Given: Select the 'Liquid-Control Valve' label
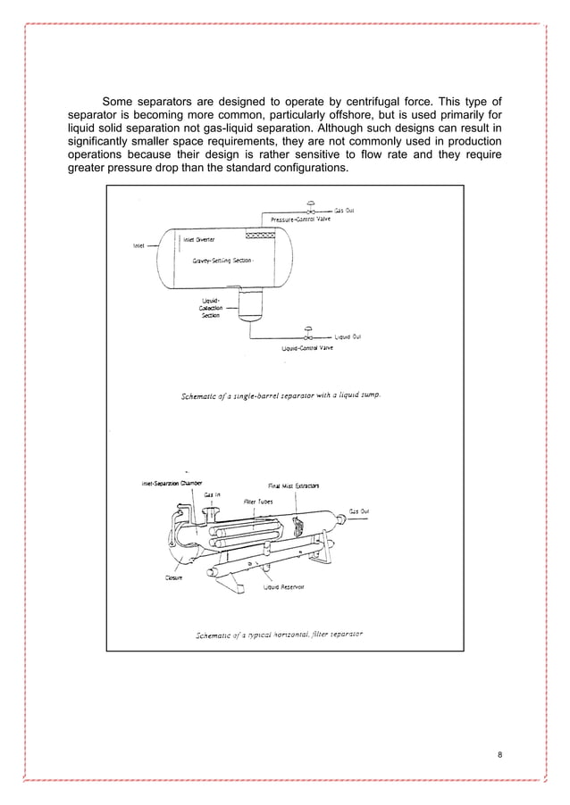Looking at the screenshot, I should click(307, 348).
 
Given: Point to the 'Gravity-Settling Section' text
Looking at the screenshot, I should click(223, 261).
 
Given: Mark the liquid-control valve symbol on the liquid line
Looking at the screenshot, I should click(308, 336).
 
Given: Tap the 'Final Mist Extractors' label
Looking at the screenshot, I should click(294, 485).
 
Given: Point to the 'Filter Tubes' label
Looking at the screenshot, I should click(258, 502).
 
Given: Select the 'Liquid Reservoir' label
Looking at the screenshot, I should click(283, 587).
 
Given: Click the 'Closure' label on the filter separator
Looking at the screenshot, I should click(172, 577).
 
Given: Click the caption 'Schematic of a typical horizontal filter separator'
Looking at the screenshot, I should click(279, 635).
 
